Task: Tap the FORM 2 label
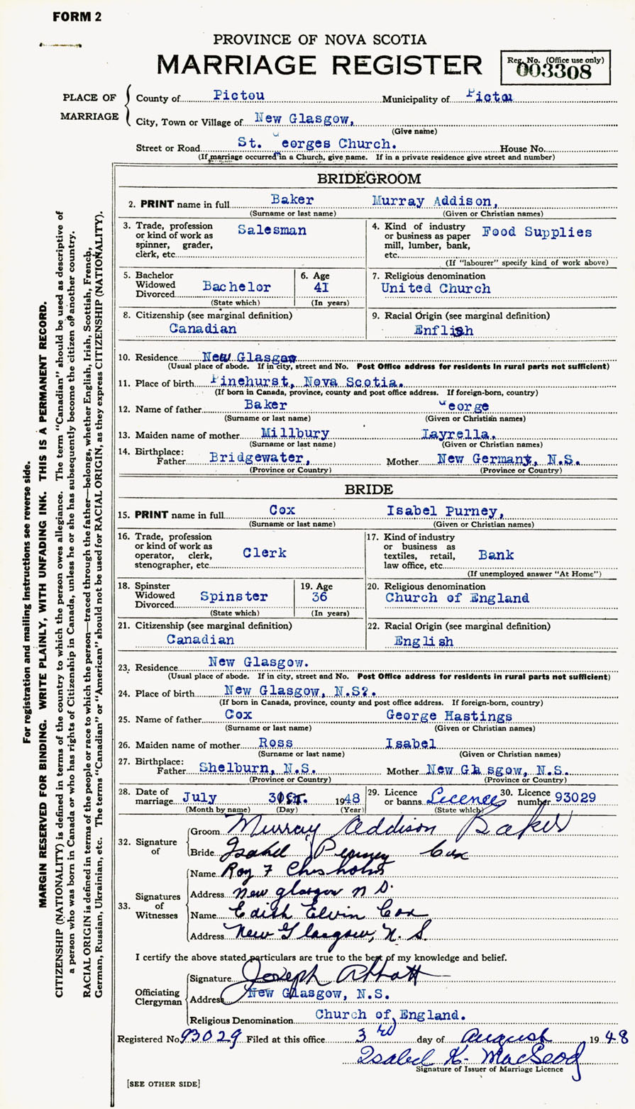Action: [x=77, y=17]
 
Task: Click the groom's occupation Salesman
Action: [x=272, y=230]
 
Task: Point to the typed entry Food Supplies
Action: [x=536, y=232]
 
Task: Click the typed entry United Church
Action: [x=436, y=288]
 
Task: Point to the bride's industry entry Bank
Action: [x=496, y=554]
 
